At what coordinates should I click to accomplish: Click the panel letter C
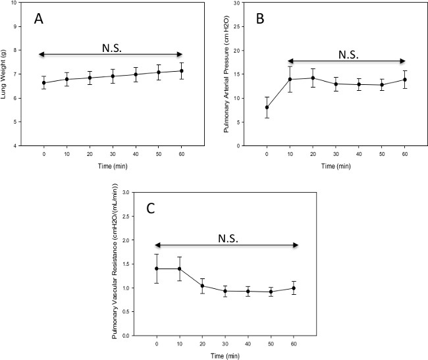[151, 210]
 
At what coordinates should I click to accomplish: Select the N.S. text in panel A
[111, 47]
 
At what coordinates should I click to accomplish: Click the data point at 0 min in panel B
[267, 107]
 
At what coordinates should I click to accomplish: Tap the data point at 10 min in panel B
[290, 80]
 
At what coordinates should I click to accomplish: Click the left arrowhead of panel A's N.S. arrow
[41, 54]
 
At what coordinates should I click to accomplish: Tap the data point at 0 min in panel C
[157, 269]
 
